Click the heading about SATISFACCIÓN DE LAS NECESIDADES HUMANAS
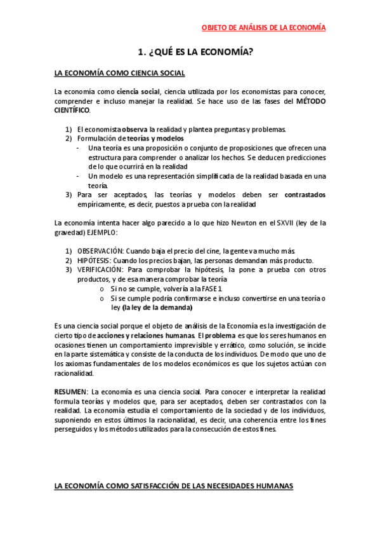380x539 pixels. point(174,486)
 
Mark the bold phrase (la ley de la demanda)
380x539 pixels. point(157,307)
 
